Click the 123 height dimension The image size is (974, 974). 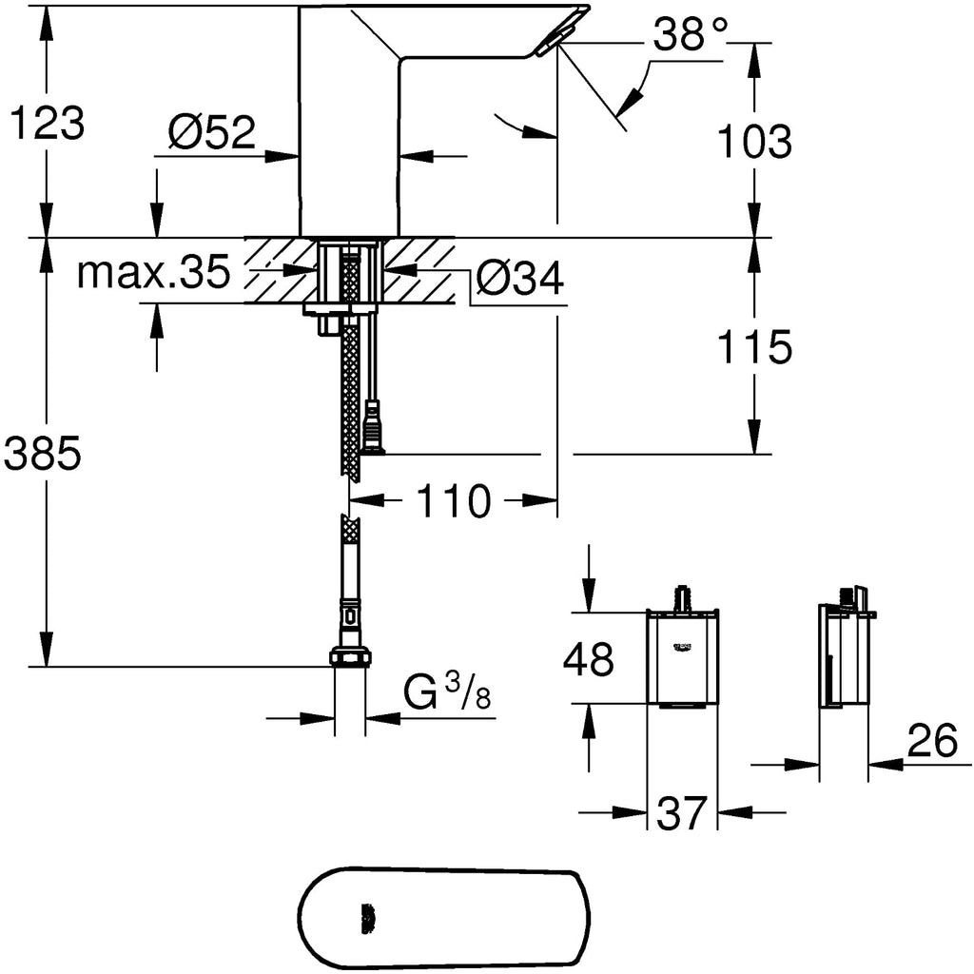click(x=46, y=124)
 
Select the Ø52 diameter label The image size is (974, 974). click(x=213, y=133)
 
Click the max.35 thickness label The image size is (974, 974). click(x=154, y=274)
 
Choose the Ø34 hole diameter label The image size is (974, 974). click(x=520, y=280)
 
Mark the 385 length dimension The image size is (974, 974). click(x=42, y=457)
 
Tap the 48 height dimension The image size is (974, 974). click(x=589, y=658)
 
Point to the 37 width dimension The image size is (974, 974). click(x=681, y=813)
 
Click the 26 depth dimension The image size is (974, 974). click(x=931, y=742)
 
